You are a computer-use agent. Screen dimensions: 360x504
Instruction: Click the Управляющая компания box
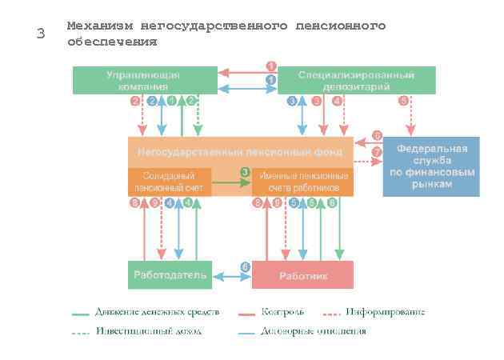pyautogui.click(x=144, y=80)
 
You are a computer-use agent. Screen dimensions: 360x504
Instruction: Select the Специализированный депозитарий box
pyautogui.click(x=356, y=80)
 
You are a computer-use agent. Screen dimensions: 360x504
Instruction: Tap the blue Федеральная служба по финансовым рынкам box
pyautogui.click(x=431, y=166)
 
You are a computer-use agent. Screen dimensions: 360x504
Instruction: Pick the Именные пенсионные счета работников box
pyautogui.click(x=302, y=182)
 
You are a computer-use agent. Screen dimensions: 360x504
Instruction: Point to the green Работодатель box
pyautogui.click(x=169, y=274)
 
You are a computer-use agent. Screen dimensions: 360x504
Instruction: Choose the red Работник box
pyautogui.click(x=302, y=275)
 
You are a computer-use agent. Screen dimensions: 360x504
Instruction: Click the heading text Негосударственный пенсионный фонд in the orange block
pyautogui.click(x=240, y=151)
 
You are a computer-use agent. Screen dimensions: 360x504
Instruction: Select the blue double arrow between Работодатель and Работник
pyautogui.click(x=230, y=277)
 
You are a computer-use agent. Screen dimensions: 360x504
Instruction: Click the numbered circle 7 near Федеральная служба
pyautogui.click(x=377, y=152)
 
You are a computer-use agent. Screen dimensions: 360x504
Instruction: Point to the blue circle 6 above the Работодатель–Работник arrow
pyautogui.click(x=246, y=266)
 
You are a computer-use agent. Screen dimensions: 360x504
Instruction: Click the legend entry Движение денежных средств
pyautogui.click(x=156, y=312)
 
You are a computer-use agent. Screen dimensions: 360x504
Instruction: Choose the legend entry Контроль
pyautogui.click(x=282, y=312)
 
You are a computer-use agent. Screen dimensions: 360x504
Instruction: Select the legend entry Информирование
pyautogui.click(x=385, y=312)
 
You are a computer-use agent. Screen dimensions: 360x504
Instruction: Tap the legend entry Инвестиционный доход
pyautogui.click(x=148, y=331)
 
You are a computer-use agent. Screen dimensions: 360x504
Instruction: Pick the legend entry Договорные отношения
pyautogui.click(x=313, y=331)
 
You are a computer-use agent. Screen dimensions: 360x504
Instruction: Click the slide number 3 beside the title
pyautogui.click(x=41, y=34)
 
